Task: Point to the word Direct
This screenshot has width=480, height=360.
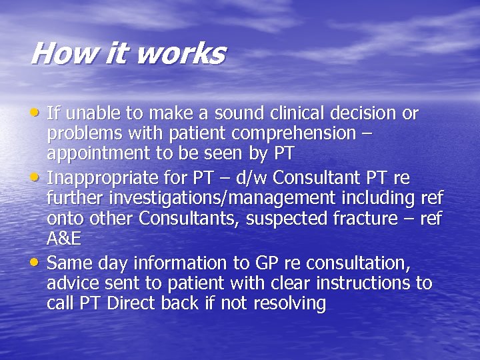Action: (x=129, y=303)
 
